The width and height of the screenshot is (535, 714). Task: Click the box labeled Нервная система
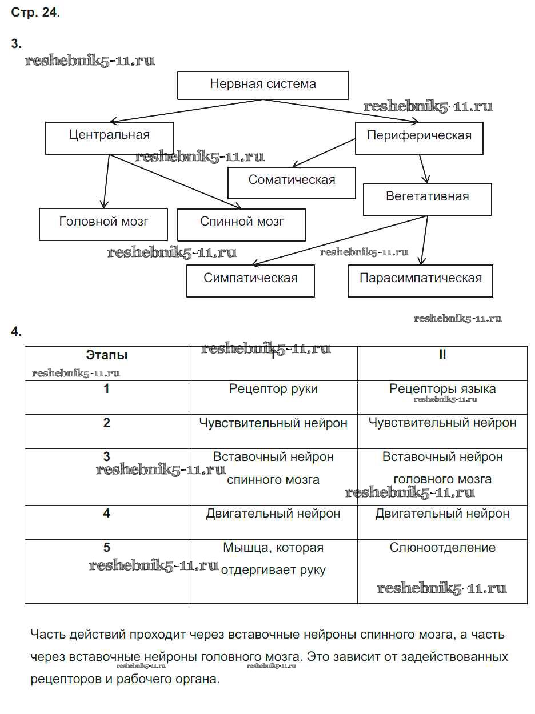pos(262,85)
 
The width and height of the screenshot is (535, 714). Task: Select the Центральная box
pos(109,137)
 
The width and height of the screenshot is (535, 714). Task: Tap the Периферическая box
pos(419,137)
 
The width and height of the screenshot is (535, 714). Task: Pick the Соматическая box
pos(292,182)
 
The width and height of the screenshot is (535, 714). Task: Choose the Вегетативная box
pos(427,198)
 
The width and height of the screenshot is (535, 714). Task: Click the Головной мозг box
pos(103,223)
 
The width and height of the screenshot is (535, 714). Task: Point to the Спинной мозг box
pos(242,223)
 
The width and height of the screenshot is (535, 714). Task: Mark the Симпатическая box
pos(250,280)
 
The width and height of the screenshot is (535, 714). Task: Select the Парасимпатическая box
pos(420,280)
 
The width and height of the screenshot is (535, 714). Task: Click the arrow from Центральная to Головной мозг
pos(106,182)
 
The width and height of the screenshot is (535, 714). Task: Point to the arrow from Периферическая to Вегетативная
pos(423,169)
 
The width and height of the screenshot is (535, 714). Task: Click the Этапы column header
pos(107,355)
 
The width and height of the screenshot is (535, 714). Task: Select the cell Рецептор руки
pos(273,390)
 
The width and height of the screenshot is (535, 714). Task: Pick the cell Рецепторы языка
pos(442,390)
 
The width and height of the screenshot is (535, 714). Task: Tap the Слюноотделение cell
pos(442,548)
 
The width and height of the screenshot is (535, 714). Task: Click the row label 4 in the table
pos(107,514)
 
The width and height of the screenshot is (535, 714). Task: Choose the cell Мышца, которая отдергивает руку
pos(273,559)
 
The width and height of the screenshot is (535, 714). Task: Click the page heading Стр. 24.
pos(35,13)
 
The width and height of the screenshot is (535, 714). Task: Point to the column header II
pos(442,355)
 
